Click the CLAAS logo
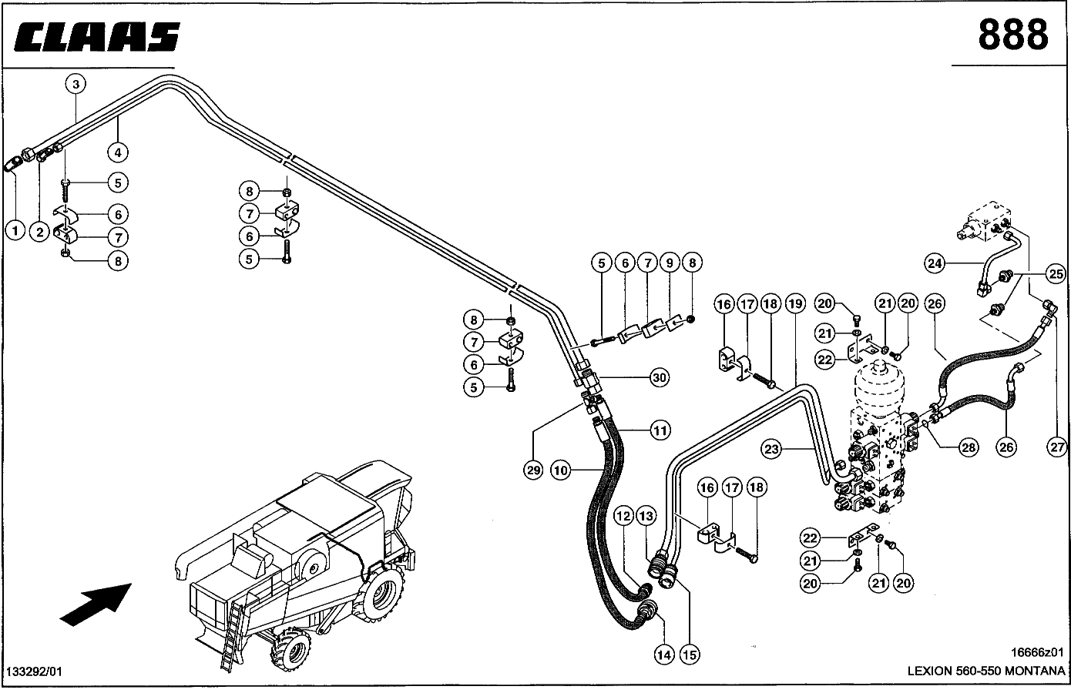pyautogui.click(x=97, y=36)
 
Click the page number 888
pyautogui.click(x=1013, y=35)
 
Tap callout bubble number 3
pyautogui.click(x=76, y=85)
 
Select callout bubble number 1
pyautogui.click(x=15, y=231)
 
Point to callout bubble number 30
pyautogui.click(x=660, y=378)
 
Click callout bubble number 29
pyautogui.click(x=533, y=470)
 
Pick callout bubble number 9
pyautogui.click(x=670, y=263)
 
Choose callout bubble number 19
pyautogui.click(x=795, y=304)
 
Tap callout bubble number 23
pyautogui.click(x=771, y=449)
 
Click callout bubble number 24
pyautogui.click(x=935, y=263)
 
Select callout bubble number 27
pyautogui.click(x=1056, y=447)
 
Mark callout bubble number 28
pyautogui.click(x=969, y=447)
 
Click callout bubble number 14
pyautogui.click(x=663, y=654)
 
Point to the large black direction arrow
pyautogui.click(x=96, y=604)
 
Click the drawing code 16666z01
pyautogui.click(x=1037, y=652)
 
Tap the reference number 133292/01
pyautogui.click(x=35, y=671)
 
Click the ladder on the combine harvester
pyautogui.click(x=233, y=636)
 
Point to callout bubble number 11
pyautogui.click(x=660, y=430)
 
